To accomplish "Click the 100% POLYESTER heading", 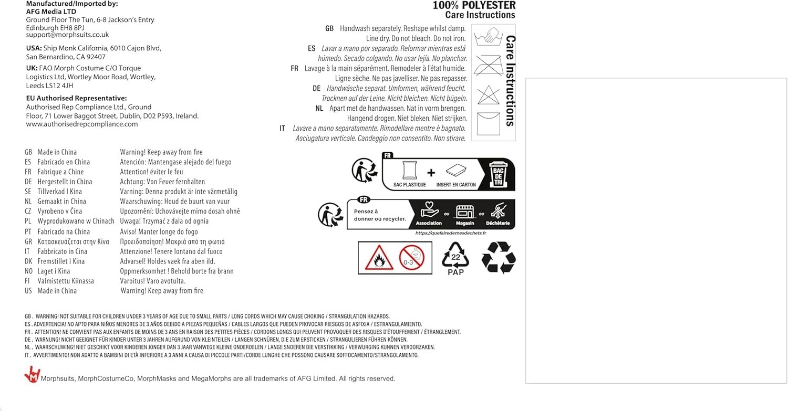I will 474,6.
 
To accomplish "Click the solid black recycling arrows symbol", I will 499,257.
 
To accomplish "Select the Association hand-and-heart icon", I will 429,212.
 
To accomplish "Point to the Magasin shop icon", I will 465,212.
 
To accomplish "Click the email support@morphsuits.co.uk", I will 67,35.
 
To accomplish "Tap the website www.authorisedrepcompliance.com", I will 82,124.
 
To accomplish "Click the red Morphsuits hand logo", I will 32,374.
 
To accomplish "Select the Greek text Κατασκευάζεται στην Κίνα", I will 73,241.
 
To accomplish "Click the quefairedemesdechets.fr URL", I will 451,233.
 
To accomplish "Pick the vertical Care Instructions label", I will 510,81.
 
